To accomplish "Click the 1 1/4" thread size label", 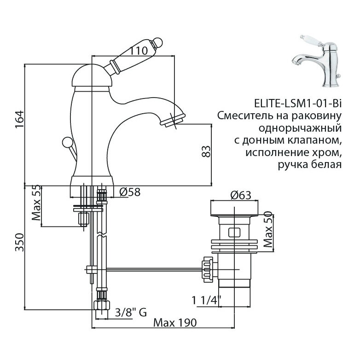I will coord(206,301).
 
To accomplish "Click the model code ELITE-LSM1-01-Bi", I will coord(294,103).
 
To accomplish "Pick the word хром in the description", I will coord(328,152).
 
